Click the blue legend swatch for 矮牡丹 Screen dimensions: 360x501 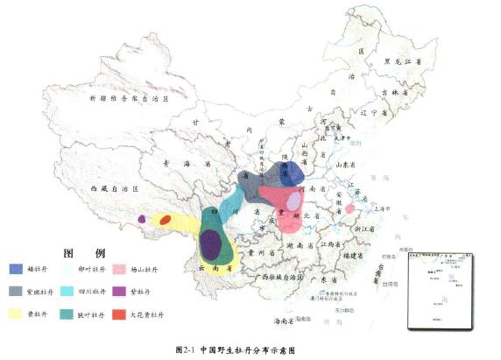pos(17,268)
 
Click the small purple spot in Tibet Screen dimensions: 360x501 pos(142,218)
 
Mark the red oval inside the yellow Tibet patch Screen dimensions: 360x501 pos(165,219)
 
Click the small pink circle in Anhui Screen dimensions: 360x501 pos(349,208)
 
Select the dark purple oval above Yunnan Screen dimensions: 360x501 pos(209,243)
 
